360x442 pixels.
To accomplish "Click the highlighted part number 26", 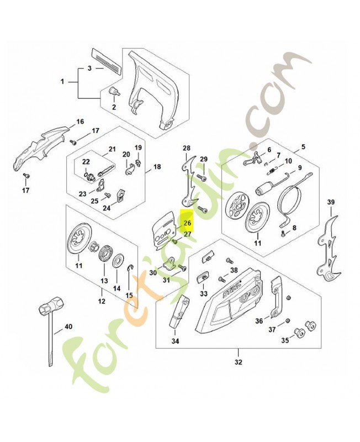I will click(x=187, y=223).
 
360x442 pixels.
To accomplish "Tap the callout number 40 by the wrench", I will click(x=68, y=327).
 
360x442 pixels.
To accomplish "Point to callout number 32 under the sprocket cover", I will click(x=238, y=362).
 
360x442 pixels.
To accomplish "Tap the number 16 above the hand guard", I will click(x=80, y=122).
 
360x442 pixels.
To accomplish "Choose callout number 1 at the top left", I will click(x=62, y=81).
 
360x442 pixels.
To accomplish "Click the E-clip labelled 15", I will click(x=129, y=269).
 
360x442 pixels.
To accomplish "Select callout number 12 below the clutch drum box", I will click(x=101, y=301).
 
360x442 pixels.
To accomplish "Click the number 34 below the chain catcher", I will click(x=175, y=341).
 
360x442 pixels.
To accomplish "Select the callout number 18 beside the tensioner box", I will click(x=157, y=166).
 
